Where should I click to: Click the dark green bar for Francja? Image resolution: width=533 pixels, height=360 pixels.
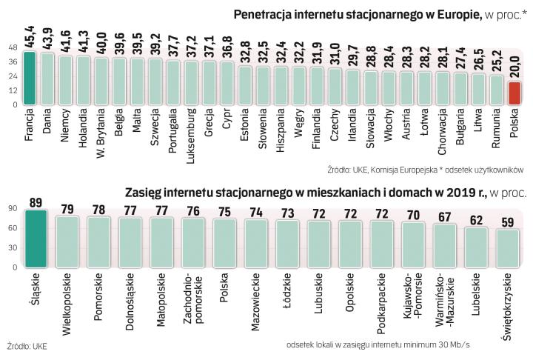tap(29, 78)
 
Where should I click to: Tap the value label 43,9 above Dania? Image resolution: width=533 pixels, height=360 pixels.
tap(47, 41)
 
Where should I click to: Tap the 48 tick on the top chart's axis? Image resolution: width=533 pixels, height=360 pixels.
tap(13, 47)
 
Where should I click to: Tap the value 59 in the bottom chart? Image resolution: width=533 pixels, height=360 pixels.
tap(507, 221)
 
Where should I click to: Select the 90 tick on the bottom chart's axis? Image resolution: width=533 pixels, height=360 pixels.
tap(12, 210)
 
